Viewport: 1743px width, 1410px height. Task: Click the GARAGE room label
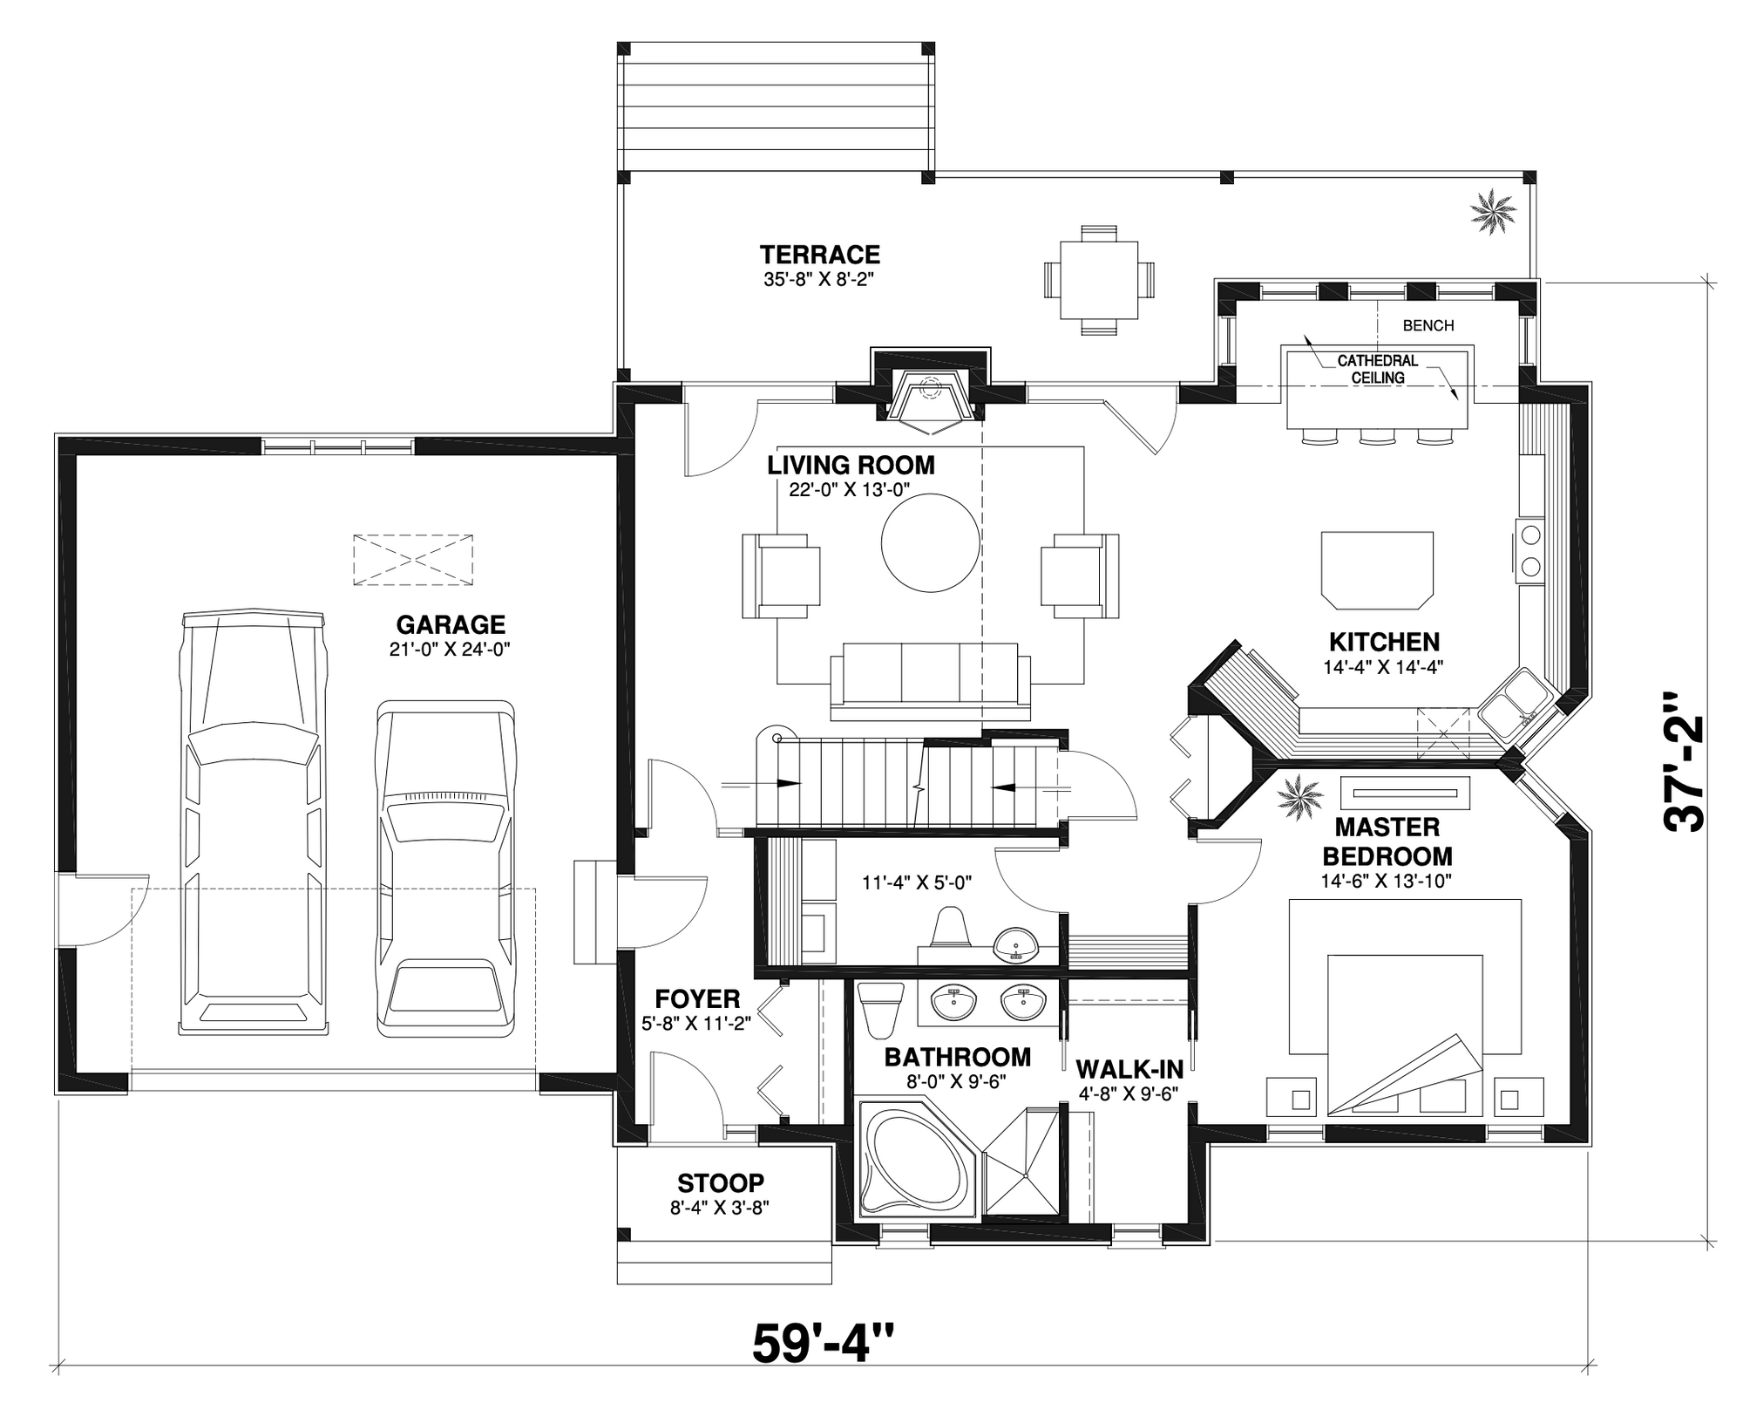pos(451,624)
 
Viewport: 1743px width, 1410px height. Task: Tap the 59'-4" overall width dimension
pos(823,1342)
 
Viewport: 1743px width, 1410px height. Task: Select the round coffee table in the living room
pos(931,543)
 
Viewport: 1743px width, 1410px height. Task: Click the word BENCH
pos(1428,325)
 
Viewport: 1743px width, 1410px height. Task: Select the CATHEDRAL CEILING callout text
pos(1378,369)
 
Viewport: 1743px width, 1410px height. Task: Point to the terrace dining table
pos(1099,280)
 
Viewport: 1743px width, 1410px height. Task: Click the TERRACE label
pos(820,255)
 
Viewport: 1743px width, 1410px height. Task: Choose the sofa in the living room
pos(930,682)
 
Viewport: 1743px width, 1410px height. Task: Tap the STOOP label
pos(721,1182)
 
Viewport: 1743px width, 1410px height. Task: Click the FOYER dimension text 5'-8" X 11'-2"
pos(696,1024)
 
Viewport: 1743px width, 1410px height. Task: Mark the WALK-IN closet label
pos(1129,1069)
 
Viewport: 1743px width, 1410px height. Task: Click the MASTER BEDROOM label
pos(1387,841)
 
